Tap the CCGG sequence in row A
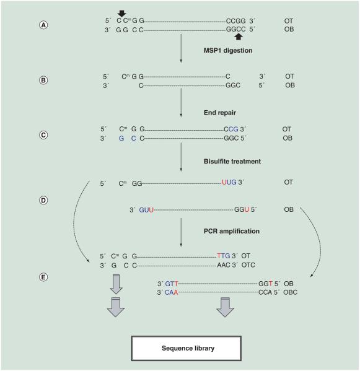pos(235,20)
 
